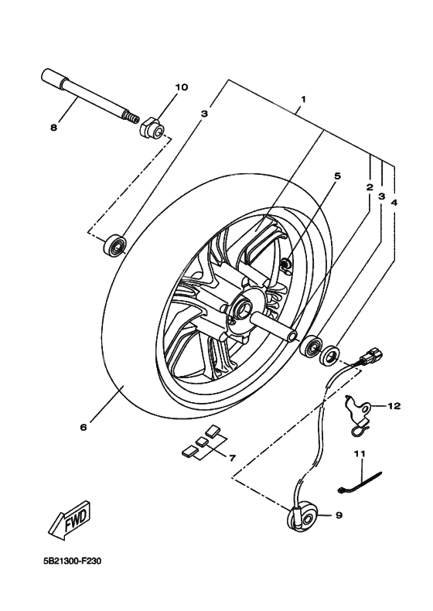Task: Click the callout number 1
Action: point(304,100)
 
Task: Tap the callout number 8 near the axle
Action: point(53,128)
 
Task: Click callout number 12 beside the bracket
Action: point(394,405)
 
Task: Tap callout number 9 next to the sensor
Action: point(338,514)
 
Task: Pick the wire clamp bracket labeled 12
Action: point(356,411)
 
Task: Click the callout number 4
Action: point(394,202)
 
